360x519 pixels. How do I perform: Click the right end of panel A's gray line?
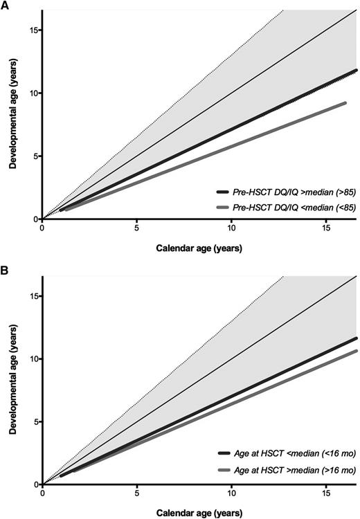click(345, 102)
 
